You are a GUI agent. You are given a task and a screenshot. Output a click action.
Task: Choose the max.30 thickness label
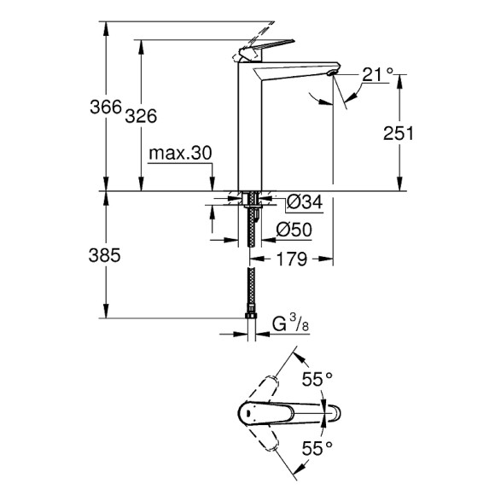point(179,153)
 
